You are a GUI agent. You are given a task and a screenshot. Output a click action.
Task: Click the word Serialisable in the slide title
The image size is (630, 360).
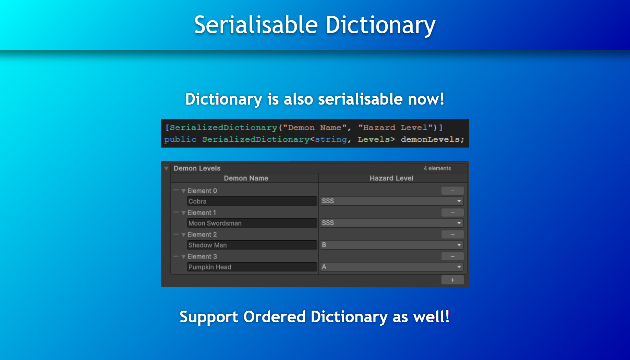pos(256,25)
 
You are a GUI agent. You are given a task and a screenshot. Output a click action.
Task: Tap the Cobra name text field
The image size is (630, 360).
pos(252,201)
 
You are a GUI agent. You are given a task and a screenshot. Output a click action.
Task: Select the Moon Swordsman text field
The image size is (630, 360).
pos(252,223)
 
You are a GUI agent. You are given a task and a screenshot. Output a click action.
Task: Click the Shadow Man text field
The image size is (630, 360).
pos(252,245)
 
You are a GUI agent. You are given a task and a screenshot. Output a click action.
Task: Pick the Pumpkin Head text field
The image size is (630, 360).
pos(252,267)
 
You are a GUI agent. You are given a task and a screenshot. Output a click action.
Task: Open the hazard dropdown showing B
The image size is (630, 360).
pos(392,245)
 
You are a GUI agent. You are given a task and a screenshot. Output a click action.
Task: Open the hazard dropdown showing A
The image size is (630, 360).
pos(392,267)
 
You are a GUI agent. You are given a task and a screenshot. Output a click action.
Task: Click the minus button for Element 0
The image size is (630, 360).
pos(452,191)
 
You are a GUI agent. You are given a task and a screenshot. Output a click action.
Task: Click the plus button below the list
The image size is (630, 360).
pos(452,280)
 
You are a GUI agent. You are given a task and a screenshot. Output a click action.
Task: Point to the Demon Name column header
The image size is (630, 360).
pos(246,178)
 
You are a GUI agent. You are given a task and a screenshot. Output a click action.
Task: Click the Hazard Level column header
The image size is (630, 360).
pos(391,178)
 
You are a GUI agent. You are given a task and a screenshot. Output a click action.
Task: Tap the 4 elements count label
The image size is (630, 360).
pos(437,168)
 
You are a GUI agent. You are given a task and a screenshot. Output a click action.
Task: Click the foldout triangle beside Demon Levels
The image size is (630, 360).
pos(166,168)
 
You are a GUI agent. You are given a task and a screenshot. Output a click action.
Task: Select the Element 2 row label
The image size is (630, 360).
pos(202,235)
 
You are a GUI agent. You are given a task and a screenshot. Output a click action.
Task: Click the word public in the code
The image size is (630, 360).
pos(180,139)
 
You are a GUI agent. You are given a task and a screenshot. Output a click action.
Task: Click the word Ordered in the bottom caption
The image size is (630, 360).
pos(274,317)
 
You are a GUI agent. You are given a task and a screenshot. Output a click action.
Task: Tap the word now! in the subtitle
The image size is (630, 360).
pos(426,99)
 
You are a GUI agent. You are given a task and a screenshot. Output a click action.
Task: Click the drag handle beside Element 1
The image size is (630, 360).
pos(176,212)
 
